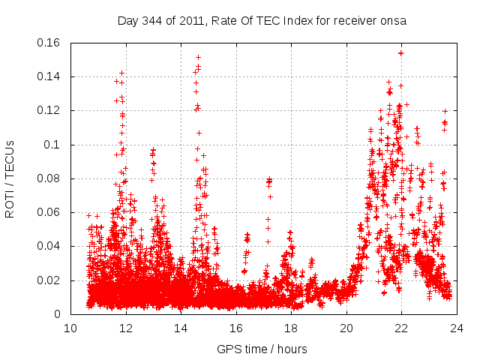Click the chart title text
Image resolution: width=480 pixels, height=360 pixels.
tap(262, 21)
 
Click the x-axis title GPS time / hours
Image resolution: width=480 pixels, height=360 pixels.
tap(262, 349)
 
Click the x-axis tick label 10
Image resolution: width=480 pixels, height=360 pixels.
tap(70, 328)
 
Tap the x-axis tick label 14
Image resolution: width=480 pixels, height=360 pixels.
tap(181, 328)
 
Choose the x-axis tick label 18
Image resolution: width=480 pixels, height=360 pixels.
tap(291, 328)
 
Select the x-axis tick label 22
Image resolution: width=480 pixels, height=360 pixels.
tap(401, 328)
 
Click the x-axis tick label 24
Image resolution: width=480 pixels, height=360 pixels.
tap(456, 328)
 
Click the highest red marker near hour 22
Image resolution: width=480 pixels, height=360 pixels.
tap(401, 52)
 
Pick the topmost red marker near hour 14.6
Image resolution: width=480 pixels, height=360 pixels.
tap(198, 57)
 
